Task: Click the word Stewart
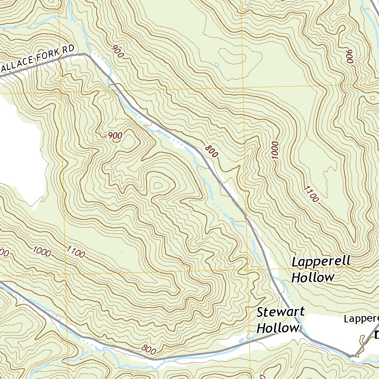tap(281, 312)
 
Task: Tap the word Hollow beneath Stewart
tap(278, 328)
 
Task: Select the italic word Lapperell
tap(321, 262)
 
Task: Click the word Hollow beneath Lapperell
tap(313, 277)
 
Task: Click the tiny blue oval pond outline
tap(217, 65)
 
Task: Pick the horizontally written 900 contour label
tap(115, 136)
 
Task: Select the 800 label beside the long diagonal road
tap(211, 151)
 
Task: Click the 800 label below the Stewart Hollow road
tap(149, 349)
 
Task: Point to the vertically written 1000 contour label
tap(275, 150)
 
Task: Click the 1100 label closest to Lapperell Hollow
tap(311, 194)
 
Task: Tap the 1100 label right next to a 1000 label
tap(76, 252)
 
